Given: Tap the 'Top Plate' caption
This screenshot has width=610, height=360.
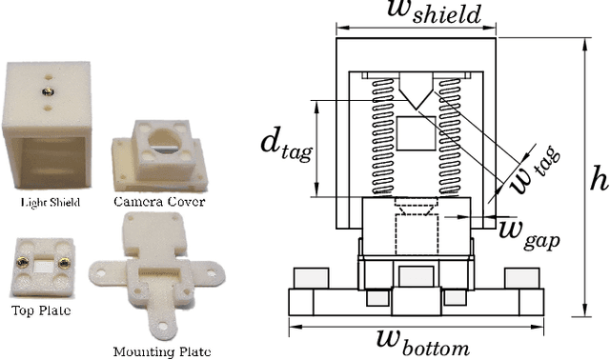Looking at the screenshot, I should (x=40, y=310).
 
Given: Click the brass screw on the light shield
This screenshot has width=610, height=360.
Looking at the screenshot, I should (x=47, y=90).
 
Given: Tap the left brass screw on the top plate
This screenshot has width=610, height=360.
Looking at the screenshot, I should (x=21, y=259).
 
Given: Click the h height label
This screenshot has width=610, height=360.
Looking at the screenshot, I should (x=599, y=178).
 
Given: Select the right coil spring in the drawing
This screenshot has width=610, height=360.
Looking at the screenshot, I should (x=450, y=137).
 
